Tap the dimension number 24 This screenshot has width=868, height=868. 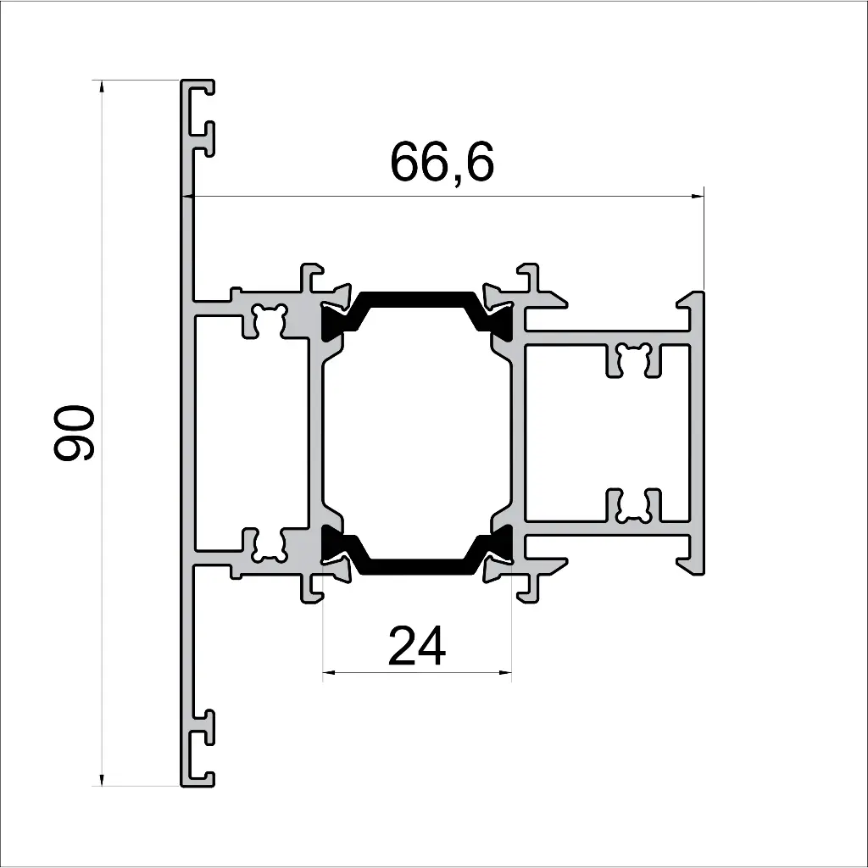417,647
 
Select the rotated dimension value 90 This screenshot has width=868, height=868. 74,433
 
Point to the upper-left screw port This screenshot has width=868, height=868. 269,320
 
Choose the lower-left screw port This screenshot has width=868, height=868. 269,545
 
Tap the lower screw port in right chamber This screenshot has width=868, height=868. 634,505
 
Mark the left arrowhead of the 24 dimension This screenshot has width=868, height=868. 328,674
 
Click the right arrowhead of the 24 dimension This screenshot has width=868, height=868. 507,674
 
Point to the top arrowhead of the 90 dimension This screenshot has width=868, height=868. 103,86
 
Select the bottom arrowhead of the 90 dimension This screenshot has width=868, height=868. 103,780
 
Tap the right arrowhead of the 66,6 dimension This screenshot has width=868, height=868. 698,197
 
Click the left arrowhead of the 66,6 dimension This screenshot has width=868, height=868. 189,197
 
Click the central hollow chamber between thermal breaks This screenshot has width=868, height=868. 416,432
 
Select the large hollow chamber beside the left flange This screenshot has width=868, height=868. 251,432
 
